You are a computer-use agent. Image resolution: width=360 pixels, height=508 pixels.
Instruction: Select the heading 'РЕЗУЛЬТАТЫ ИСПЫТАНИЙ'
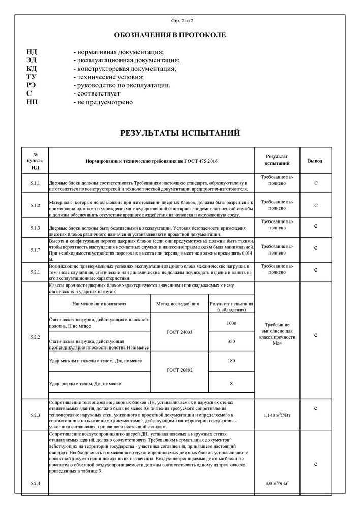180,134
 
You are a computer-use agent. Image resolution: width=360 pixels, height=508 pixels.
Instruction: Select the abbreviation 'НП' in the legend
32,102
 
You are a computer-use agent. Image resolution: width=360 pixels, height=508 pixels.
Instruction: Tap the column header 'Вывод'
315,161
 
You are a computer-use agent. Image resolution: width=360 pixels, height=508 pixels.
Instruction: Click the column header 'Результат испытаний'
277,161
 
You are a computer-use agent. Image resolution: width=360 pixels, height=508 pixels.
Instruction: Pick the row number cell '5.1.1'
35,182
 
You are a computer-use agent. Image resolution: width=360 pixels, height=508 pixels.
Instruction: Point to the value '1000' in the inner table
231,323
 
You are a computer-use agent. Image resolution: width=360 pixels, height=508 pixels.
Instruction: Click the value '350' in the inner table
231,342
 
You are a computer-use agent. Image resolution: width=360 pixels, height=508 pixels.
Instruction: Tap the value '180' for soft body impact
231,361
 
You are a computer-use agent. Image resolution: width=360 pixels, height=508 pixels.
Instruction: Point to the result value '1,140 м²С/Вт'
277,415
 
